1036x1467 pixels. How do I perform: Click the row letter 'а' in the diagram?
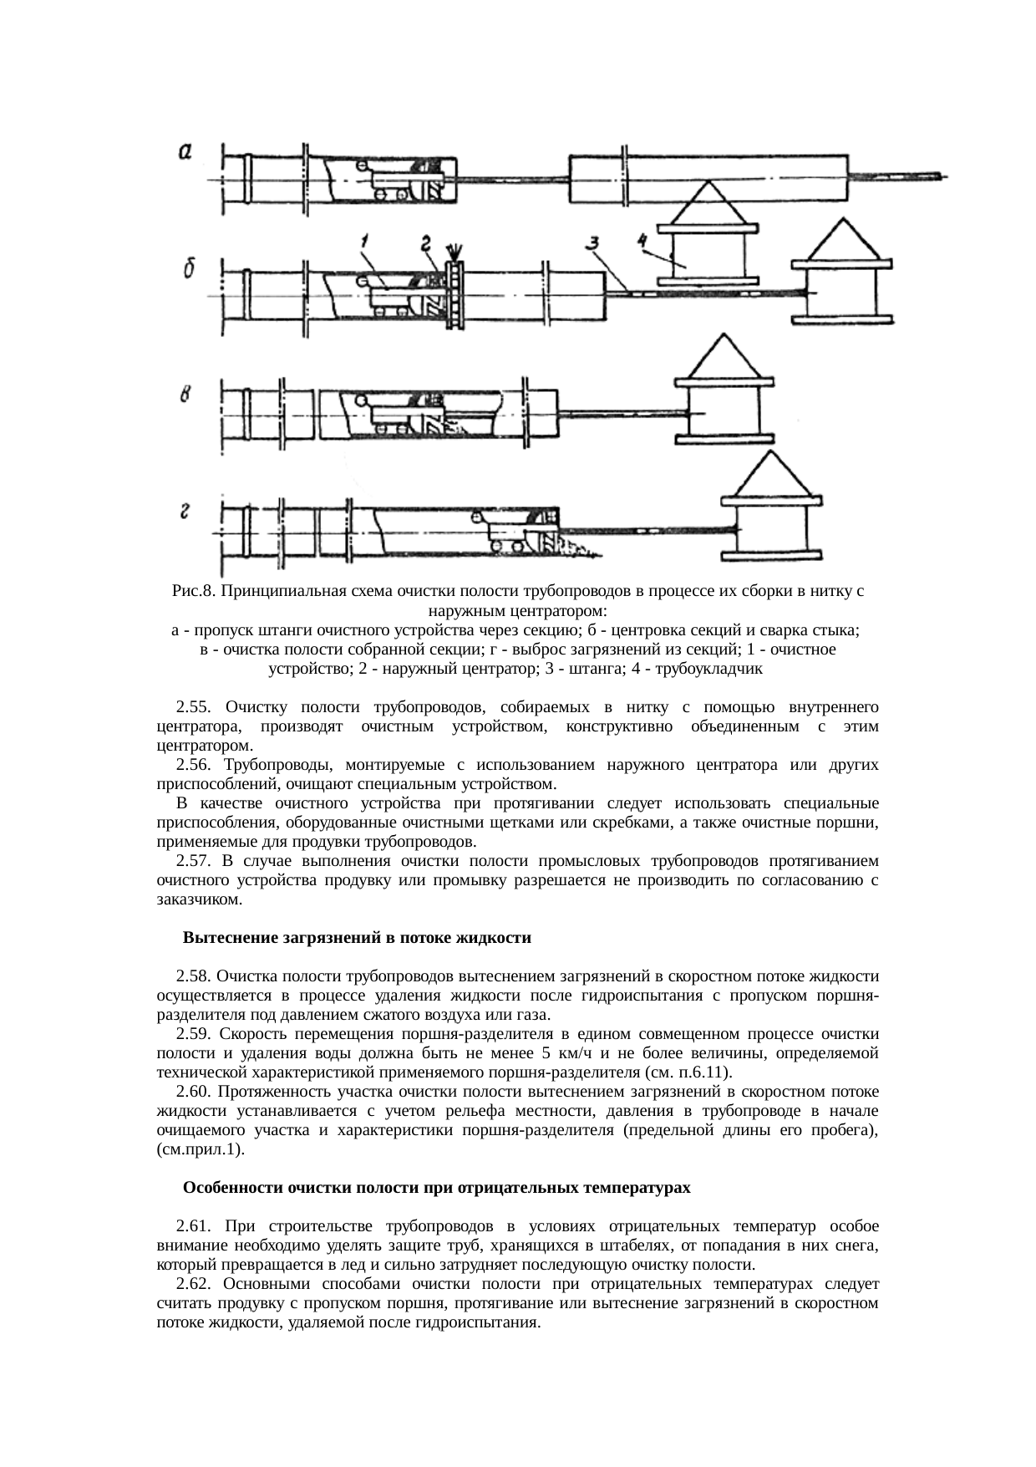[186, 152]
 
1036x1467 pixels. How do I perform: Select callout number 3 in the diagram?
[592, 243]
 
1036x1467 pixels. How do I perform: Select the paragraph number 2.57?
[193, 861]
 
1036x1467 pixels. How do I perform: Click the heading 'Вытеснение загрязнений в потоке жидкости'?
[357, 938]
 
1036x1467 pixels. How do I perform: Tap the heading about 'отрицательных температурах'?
[436, 1188]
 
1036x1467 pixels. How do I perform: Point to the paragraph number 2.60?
[193, 1092]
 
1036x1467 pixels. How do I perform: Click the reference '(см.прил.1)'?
[201, 1149]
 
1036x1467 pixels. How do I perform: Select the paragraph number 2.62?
[193, 1284]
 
